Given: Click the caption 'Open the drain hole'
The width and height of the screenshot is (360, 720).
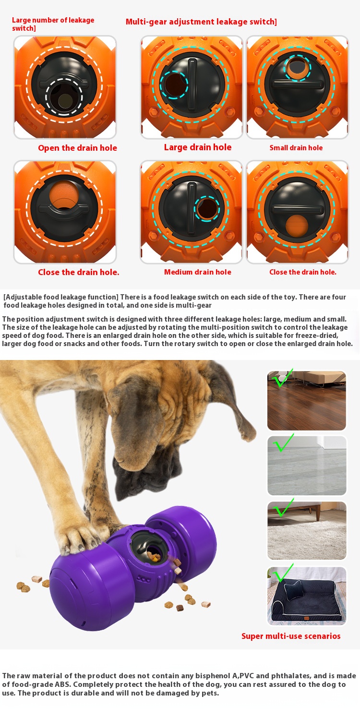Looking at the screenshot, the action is click(77, 148).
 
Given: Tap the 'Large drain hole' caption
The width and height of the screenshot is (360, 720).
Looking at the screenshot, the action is click(198, 147).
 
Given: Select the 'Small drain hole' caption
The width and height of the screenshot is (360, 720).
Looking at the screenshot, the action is click(296, 148).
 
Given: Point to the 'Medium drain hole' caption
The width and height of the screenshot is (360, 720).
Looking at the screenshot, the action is click(198, 272).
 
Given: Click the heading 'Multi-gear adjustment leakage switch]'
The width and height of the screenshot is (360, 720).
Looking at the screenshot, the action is click(201, 22).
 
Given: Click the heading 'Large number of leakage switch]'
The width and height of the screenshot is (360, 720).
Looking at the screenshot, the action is click(53, 24).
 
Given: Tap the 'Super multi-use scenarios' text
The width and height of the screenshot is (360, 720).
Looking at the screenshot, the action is click(291, 636).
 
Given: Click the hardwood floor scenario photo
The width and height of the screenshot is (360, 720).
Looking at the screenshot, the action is click(307, 400).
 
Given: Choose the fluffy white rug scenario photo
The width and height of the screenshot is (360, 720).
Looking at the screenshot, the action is click(307, 530).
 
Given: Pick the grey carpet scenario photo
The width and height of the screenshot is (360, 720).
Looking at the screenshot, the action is click(307, 466).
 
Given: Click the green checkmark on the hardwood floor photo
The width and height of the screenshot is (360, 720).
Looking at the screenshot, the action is click(282, 378).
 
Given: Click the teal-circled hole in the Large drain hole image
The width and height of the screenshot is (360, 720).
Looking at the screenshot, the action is click(174, 84).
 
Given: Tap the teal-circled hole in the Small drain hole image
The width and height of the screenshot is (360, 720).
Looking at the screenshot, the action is click(297, 68).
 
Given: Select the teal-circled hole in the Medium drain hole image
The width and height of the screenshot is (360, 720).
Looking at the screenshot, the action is click(207, 209).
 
